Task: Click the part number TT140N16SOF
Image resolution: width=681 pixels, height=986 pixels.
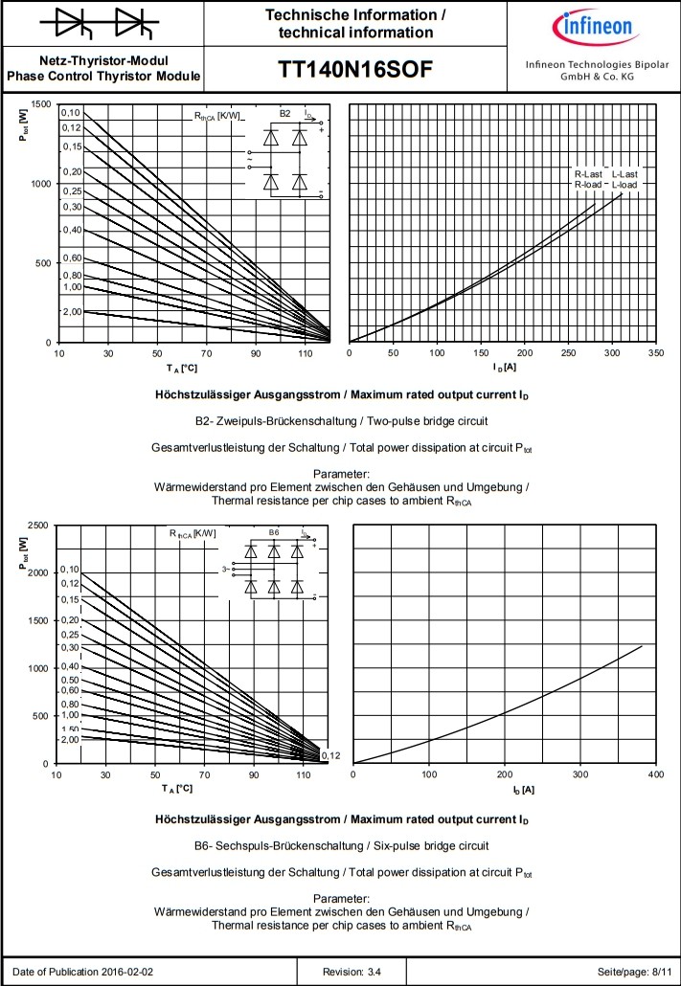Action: pyautogui.click(x=355, y=70)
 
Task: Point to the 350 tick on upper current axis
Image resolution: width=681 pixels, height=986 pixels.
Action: pyautogui.click(x=656, y=353)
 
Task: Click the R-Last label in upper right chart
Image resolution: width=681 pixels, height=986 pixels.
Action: pyautogui.click(x=588, y=174)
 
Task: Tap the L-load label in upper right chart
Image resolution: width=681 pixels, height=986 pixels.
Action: pyautogui.click(x=624, y=184)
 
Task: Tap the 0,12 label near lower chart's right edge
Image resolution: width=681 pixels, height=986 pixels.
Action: pyautogui.click(x=330, y=756)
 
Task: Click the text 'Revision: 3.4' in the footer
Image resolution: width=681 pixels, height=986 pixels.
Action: pyautogui.click(x=352, y=972)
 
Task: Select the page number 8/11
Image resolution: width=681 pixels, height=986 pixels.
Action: pyautogui.click(x=660, y=972)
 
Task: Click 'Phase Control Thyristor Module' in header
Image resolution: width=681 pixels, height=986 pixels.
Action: pyautogui.click(x=103, y=76)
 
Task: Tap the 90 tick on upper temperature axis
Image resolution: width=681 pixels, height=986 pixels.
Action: pyautogui.click(x=257, y=353)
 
